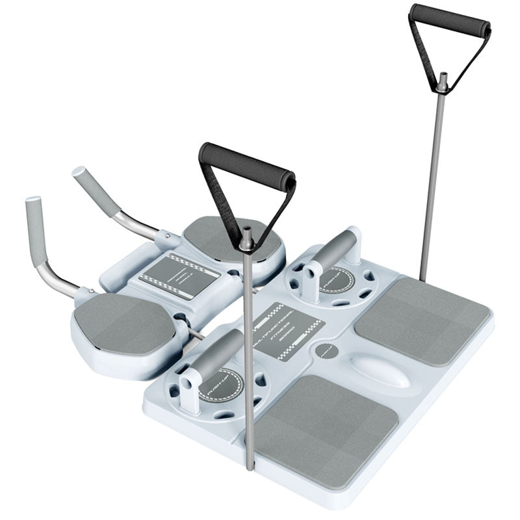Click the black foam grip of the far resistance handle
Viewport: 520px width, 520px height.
coord(449,19)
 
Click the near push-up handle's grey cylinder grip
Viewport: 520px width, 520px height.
coord(214,354)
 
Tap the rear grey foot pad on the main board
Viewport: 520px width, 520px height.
coord(422,319)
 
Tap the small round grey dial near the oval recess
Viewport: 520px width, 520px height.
coord(326,352)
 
